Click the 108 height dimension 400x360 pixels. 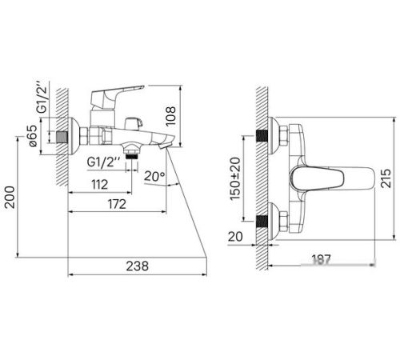point(170,116)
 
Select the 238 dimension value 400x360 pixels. point(137,266)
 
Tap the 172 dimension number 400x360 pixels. point(117,204)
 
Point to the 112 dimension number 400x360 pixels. point(99,185)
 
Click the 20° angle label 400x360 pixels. point(154,176)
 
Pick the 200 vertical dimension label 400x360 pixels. point(10,197)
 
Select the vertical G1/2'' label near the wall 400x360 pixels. point(42,97)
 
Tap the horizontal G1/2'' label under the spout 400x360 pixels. point(104,162)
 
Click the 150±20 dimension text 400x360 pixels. point(235,178)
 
